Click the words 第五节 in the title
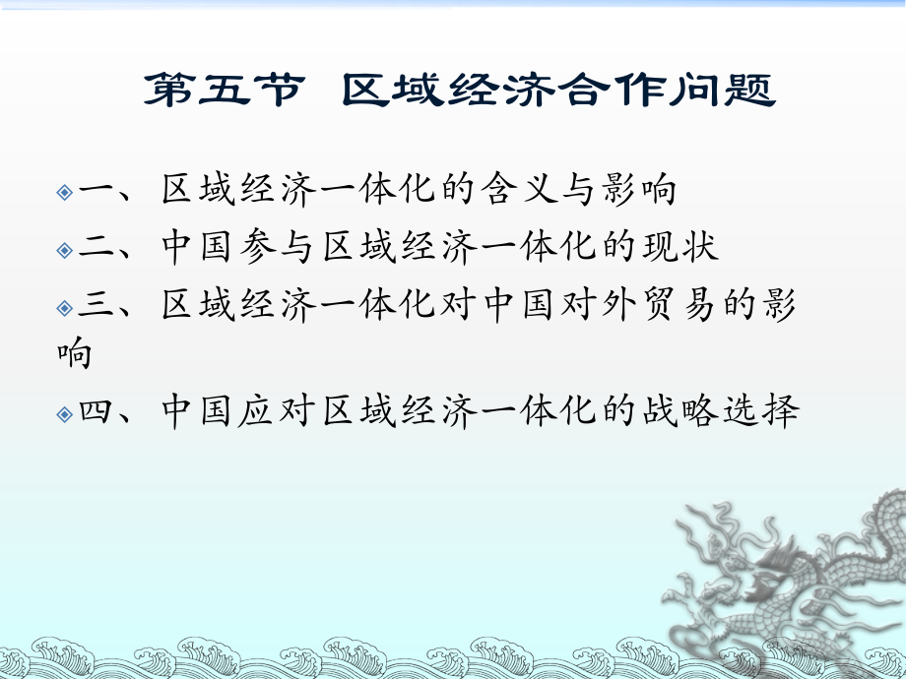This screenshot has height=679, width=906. coord(220,93)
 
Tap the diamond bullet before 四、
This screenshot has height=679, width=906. coord(65,413)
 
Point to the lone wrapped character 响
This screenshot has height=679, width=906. coord(74,353)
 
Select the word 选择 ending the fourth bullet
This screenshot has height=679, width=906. coord(756,411)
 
